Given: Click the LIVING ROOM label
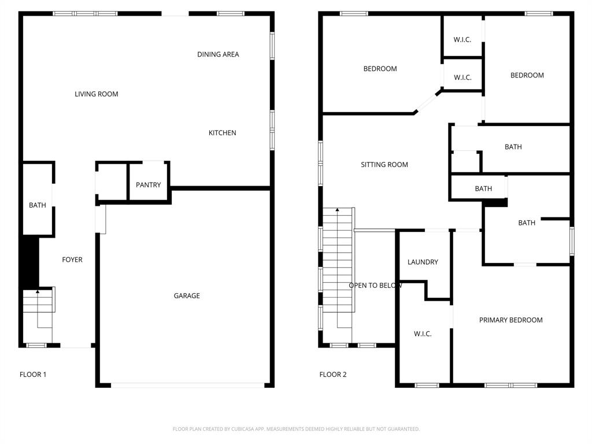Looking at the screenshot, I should (x=96, y=94).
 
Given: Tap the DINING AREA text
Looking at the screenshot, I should (x=218, y=54).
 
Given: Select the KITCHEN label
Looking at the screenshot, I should (x=222, y=133).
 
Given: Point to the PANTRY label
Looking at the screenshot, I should (x=148, y=185).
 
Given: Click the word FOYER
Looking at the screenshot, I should (x=72, y=260).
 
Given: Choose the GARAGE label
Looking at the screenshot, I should (x=187, y=295).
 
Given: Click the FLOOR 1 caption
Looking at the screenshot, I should (x=33, y=375).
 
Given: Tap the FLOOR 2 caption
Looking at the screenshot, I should (x=333, y=375).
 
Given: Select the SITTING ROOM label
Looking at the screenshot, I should (x=384, y=165).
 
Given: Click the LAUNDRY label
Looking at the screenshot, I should (x=423, y=262).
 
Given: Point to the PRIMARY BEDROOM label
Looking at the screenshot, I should (x=510, y=320).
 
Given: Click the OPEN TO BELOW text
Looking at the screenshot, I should (x=375, y=285).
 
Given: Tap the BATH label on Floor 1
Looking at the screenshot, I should (x=38, y=205).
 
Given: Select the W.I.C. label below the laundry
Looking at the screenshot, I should (x=423, y=334).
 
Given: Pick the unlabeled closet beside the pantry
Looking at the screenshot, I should (x=112, y=182).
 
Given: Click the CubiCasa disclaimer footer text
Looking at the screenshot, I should (x=296, y=429).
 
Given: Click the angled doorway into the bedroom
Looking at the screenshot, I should (x=428, y=102).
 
